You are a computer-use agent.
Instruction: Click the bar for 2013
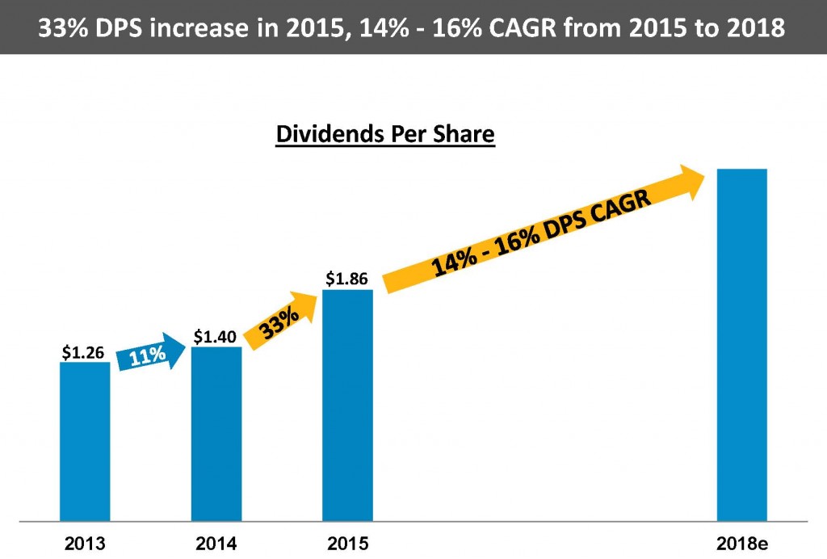click(85, 441)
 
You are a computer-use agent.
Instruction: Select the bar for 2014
click(216, 433)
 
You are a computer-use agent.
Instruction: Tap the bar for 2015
click(347, 404)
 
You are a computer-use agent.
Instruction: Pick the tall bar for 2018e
click(741, 344)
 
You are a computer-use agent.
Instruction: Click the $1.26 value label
click(85, 352)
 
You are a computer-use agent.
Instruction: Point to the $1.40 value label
click(216, 337)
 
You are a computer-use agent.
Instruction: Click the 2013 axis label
click(85, 543)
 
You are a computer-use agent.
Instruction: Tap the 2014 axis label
click(216, 543)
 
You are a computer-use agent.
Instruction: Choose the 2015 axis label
click(347, 543)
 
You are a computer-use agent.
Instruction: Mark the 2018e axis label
click(741, 543)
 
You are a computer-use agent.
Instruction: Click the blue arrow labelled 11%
click(150, 353)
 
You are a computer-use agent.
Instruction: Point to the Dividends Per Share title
click(384, 134)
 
